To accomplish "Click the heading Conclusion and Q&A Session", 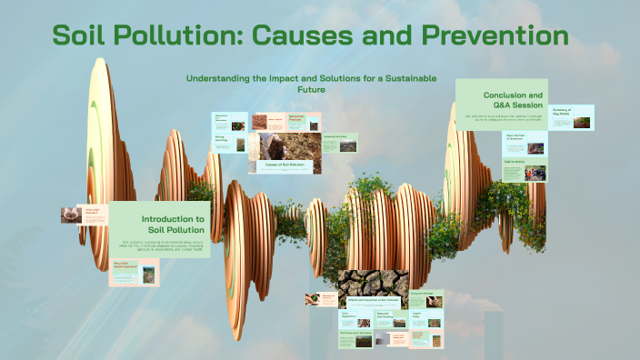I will point(513,100).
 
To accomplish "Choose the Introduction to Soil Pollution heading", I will point(173,225).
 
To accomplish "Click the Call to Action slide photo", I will point(537,172).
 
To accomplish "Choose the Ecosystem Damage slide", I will point(427,299).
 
